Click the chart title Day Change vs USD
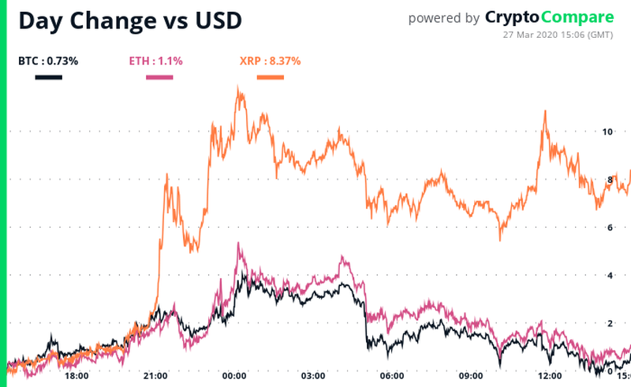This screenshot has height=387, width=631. pyautogui.click(x=130, y=20)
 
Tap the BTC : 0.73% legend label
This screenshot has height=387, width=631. pyautogui.click(x=48, y=60)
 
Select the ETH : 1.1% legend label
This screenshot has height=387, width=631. pyautogui.click(x=156, y=60)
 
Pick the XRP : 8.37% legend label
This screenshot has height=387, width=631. pyautogui.click(x=270, y=60)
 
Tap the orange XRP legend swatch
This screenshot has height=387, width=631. pyautogui.click(x=271, y=76)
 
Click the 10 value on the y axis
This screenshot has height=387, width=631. pyautogui.click(x=607, y=132)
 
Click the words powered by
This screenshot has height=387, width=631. pyautogui.click(x=443, y=18)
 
